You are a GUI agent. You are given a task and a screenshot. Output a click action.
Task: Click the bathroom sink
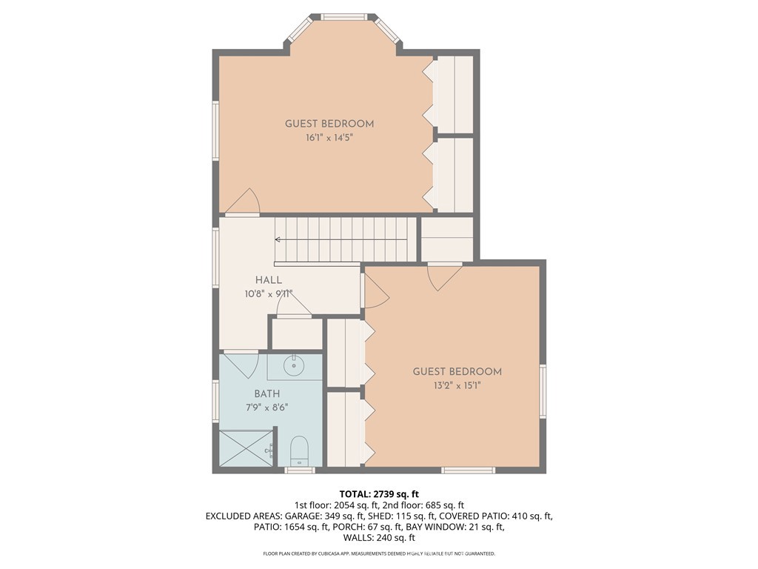[293, 365]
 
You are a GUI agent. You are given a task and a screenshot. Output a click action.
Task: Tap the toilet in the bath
[299, 451]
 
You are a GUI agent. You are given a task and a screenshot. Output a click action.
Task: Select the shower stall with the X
[246, 448]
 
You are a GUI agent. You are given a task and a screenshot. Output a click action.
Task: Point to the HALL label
[269, 279]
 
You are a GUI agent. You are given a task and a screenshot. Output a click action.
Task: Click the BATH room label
[266, 394]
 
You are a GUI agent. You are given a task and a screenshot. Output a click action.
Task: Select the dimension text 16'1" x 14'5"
[329, 138]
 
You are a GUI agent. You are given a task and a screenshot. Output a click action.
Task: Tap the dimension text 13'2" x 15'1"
[457, 385]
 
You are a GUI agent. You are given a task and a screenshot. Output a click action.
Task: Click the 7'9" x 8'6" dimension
[266, 407]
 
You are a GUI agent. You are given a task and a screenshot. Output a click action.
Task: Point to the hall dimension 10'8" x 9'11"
[269, 293]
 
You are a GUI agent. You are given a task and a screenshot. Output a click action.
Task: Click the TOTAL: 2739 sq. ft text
[379, 494]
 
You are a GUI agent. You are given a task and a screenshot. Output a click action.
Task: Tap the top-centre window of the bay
[344, 18]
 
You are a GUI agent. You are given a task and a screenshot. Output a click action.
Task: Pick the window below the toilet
[300, 470]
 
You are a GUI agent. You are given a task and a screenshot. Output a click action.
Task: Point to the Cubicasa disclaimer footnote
[379, 553]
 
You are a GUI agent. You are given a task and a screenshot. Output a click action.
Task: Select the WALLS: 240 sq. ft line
[379, 538]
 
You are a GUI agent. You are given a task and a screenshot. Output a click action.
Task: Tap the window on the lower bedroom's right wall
[543, 391]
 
